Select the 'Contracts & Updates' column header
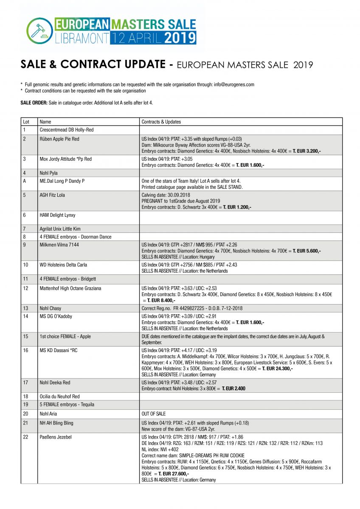[161, 122]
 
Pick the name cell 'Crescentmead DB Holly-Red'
[66, 130]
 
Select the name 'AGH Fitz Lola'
[52, 195]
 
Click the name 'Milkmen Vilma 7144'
[59, 245]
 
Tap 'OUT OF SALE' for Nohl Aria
[154, 414]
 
